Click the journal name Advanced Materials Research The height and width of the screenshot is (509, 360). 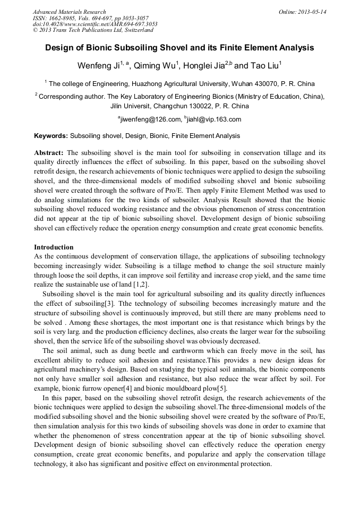click(x=69, y=12)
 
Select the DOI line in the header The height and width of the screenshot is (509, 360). click(x=95, y=24)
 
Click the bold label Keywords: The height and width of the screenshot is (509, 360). click(x=51, y=136)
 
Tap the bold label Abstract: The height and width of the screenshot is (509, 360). click(x=49, y=153)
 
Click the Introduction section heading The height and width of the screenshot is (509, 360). click(x=54, y=247)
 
